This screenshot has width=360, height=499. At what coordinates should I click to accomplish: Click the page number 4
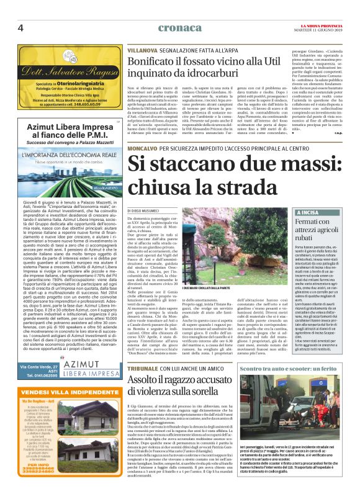20,27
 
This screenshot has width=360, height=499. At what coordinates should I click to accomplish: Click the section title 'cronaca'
180,27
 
